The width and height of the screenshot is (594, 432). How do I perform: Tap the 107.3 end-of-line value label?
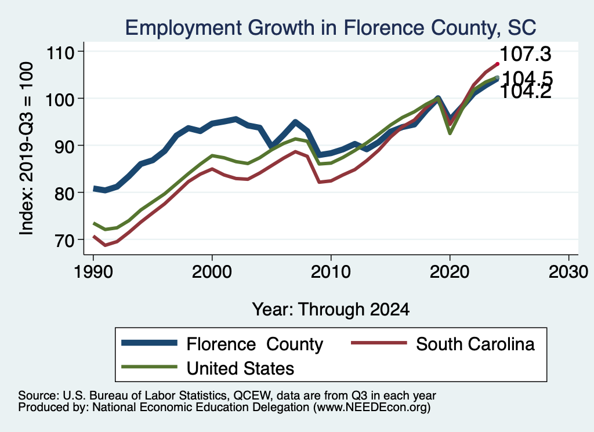(x=525, y=54)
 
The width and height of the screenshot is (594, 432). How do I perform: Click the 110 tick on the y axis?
(x=65, y=52)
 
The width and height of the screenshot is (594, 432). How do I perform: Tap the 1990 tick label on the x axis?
(x=93, y=273)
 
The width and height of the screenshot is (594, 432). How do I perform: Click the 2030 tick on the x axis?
(x=568, y=273)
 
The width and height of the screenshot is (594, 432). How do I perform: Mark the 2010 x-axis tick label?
(x=331, y=273)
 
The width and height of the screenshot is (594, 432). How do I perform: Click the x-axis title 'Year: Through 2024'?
(x=331, y=309)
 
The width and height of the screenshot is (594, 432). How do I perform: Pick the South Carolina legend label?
(x=475, y=344)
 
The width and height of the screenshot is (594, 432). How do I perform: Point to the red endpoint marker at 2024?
(x=497, y=64)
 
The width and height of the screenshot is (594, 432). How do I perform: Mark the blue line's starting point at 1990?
(x=94, y=188)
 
